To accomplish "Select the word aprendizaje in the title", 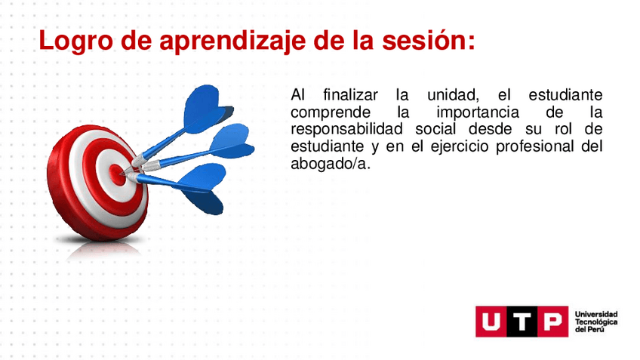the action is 232,42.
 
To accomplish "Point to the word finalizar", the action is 351,95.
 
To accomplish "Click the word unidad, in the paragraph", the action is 453,96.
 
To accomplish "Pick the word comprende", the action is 331,112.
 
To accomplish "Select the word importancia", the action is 478,112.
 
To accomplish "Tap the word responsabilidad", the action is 346,129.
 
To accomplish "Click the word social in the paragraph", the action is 435,129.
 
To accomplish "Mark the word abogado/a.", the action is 331,164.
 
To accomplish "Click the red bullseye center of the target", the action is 117,173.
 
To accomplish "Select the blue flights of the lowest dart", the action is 202,188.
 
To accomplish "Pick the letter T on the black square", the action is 522,322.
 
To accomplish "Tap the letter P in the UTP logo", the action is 553,322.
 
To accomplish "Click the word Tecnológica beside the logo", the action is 596,322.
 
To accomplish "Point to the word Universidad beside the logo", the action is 596,314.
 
